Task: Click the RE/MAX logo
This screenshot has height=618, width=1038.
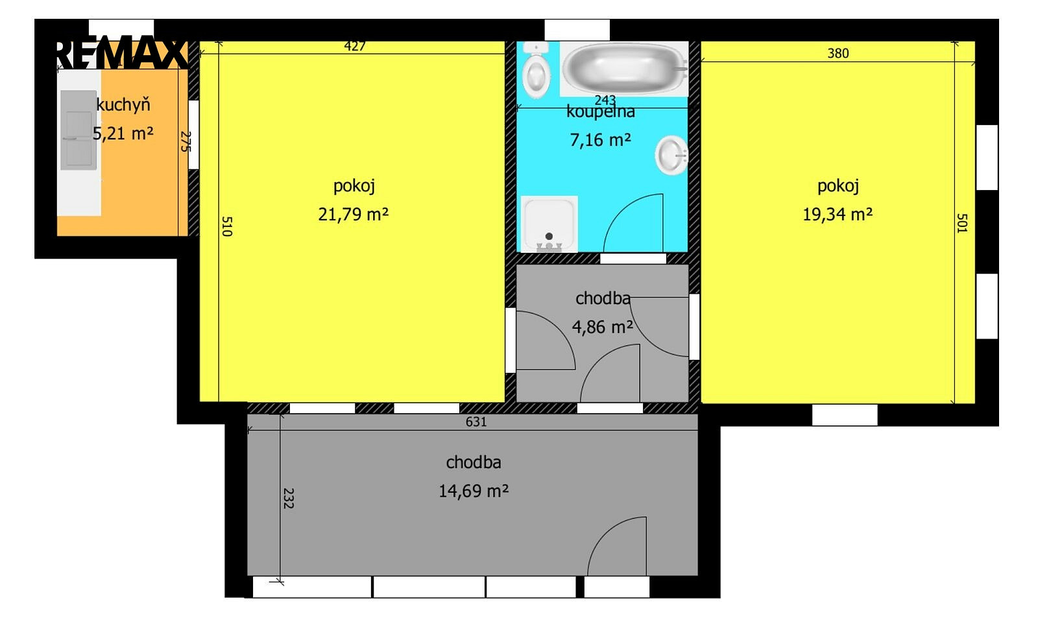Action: coord(121,54)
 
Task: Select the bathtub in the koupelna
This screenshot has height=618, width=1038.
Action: coord(623,69)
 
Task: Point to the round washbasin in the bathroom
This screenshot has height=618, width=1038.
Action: coord(671,155)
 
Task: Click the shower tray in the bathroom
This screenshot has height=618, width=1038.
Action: coord(549,224)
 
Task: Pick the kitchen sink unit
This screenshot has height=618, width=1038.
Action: coord(78,130)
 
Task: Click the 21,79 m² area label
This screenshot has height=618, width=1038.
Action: coord(353,215)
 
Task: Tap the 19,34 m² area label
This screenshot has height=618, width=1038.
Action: coord(838,215)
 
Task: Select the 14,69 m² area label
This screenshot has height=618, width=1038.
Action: coord(474,491)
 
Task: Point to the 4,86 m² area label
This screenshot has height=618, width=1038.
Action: coord(603,327)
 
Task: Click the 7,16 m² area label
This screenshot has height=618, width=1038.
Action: coord(601,139)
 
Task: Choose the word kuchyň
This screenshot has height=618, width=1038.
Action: coord(123,104)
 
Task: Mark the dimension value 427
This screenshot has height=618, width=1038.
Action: coord(355,46)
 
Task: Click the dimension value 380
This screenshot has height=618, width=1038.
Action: coord(838,53)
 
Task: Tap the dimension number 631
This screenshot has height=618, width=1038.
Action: coord(476,422)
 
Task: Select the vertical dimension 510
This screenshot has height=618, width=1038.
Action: coord(226,226)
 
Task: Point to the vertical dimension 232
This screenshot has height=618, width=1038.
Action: coord(288,498)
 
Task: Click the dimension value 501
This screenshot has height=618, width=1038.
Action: coord(962,223)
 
